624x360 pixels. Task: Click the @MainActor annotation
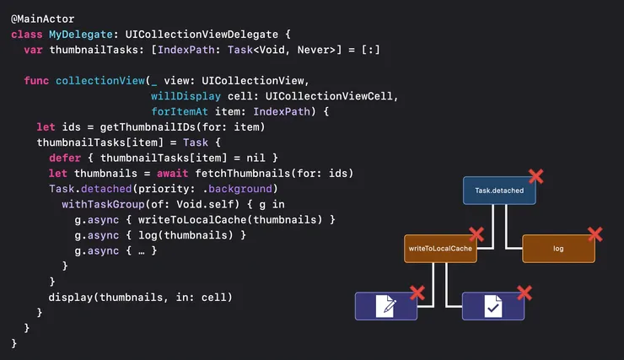coord(42,18)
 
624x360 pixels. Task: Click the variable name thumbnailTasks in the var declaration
coord(92,50)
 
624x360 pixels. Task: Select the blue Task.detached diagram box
coord(499,191)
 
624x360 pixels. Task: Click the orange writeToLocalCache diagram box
coord(439,249)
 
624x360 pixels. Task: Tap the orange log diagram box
coord(558,249)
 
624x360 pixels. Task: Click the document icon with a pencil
coord(386,306)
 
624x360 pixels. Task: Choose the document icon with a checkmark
coord(492,306)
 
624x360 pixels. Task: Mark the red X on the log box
coord(594,234)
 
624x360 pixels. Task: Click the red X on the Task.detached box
coord(535,175)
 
